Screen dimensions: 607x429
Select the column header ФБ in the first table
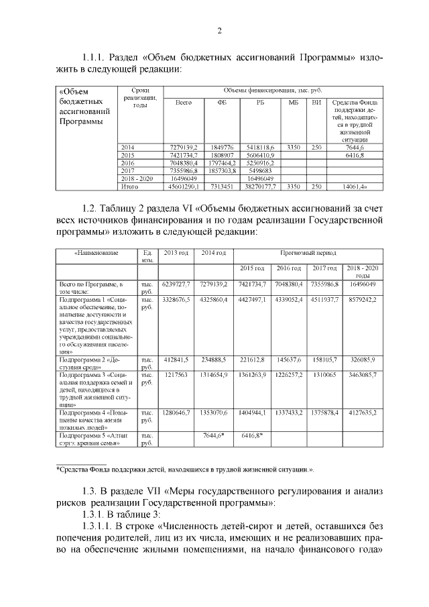tap(222, 102)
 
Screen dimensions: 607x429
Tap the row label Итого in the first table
tap(129, 186)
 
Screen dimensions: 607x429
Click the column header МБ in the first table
tap(293, 102)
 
